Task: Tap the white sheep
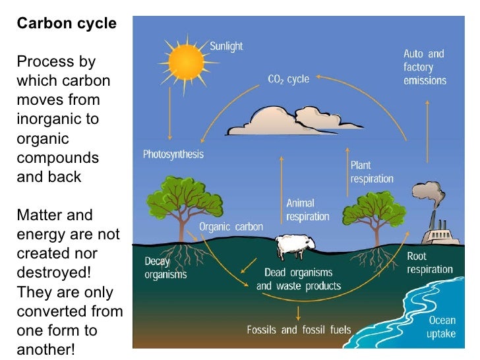[293, 245]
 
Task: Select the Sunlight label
[226, 46]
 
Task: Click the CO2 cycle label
[288, 79]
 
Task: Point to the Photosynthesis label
[173, 154]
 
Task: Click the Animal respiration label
[307, 210]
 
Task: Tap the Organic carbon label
[231, 227]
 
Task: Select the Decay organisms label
[165, 268]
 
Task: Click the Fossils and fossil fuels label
[299, 330]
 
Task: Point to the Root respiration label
[429, 262]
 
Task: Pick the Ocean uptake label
[442, 327]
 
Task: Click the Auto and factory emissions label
[425, 67]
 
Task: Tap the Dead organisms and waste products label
[299, 279]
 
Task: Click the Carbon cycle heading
[67, 24]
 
